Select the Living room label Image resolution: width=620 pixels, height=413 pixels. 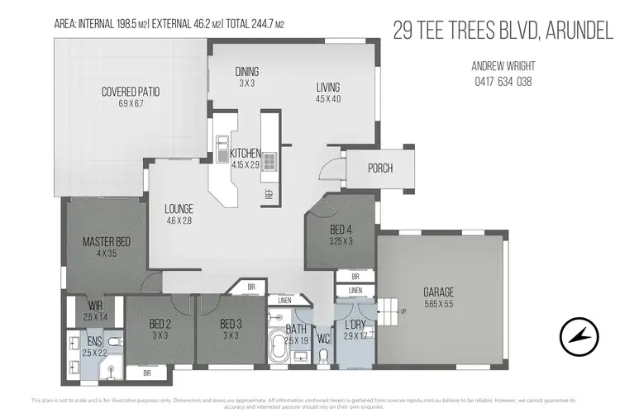coord(327,88)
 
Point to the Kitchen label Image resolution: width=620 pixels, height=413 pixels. coord(246,153)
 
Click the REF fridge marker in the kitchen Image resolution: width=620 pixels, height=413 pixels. coord(269,194)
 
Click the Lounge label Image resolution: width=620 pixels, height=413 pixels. coord(179,209)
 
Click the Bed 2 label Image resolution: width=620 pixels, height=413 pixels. coord(160,325)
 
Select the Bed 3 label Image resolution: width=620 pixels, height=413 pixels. coord(230,325)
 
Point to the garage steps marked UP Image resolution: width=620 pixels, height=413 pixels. coord(389,311)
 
